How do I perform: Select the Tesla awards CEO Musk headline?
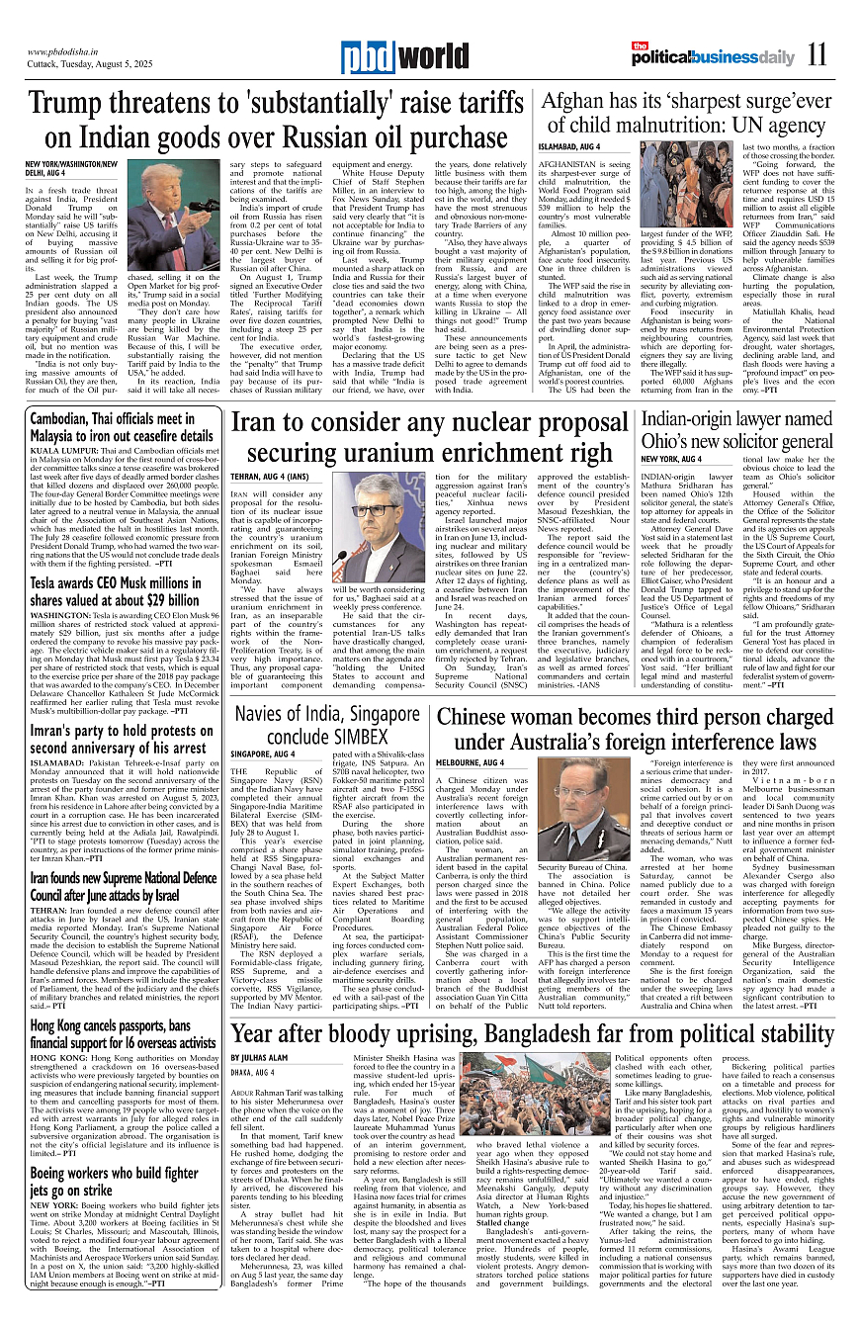(x=115, y=590)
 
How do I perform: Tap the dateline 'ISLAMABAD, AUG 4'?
(x=570, y=145)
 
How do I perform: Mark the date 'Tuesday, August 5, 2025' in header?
(x=91, y=65)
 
